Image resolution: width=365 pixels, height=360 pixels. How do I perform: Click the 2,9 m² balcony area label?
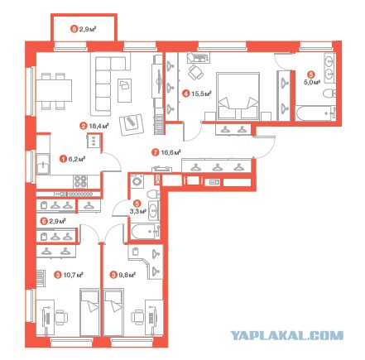pyautogui.click(x=88, y=28)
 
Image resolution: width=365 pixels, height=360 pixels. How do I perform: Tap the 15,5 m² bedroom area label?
pyautogui.click(x=201, y=94)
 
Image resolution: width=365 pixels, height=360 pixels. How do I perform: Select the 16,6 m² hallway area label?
pyautogui.click(x=170, y=152)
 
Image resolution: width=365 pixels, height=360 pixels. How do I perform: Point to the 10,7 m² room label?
pyautogui.click(x=74, y=275)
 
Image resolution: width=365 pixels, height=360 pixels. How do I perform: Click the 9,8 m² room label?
pyautogui.click(x=127, y=275)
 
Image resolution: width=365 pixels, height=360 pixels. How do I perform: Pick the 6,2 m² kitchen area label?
pyautogui.click(x=76, y=159)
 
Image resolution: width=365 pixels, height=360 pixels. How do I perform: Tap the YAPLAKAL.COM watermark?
pyautogui.click(x=287, y=335)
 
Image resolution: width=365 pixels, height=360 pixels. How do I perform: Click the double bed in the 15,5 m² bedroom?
pyautogui.click(x=238, y=96)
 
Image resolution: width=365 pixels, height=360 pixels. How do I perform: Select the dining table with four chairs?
pyautogui.click(x=54, y=91)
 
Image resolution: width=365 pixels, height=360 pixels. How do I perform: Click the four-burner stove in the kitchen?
pyautogui.click(x=80, y=181)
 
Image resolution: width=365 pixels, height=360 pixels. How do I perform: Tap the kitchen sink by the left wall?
pyautogui.click(x=43, y=164)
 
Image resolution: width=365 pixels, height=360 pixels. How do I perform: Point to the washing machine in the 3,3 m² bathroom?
pyautogui.click(x=137, y=181)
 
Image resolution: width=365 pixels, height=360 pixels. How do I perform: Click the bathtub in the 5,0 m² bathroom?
pyautogui.click(x=315, y=113)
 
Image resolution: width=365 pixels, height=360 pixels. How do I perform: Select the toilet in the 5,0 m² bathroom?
pyautogui.click(x=329, y=94)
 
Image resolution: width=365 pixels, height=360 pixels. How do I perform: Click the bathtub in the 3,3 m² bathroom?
pyautogui.click(x=146, y=232)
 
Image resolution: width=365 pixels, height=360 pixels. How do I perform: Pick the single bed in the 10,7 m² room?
pyautogui.click(x=89, y=312)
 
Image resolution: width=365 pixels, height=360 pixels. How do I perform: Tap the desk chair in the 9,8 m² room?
pyautogui.click(x=137, y=317)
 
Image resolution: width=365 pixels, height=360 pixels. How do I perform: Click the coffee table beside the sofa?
pyautogui.click(x=124, y=90)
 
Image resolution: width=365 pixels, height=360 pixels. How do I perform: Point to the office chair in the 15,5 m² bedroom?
pyautogui.click(x=196, y=72)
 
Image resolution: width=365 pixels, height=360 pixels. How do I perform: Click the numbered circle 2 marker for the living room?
pyautogui.click(x=83, y=126)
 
